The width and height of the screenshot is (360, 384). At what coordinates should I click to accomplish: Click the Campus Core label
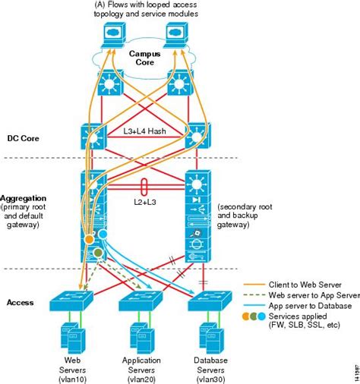pos(144,58)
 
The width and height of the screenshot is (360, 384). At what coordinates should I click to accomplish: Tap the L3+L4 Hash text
pos(144,131)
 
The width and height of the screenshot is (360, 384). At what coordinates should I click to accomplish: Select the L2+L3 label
pos(145,202)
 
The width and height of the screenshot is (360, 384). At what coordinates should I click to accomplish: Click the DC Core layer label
pos(24,138)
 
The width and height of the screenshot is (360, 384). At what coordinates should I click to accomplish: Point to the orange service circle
pos(89,239)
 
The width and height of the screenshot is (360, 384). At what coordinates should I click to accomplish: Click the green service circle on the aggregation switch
pos(98,253)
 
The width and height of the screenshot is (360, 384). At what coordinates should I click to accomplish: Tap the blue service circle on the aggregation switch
pos(103,234)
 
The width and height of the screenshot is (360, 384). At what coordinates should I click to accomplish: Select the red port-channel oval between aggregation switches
pos(144,187)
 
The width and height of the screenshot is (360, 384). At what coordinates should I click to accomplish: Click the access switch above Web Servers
pos(71,301)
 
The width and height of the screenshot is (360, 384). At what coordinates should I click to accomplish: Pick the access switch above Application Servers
pos(141,301)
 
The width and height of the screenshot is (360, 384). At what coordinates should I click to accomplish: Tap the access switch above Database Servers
pos(210,301)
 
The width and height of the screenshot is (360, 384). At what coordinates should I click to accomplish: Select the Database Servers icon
pos(210,338)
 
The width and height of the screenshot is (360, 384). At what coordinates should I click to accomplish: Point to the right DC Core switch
pos(197,136)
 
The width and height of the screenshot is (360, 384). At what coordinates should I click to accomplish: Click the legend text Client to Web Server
pos(305,285)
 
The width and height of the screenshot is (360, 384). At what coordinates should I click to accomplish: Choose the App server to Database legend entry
pos(310,306)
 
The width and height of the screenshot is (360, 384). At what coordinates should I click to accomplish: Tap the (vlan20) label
pos(141,379)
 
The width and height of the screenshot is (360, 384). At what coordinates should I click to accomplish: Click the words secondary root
pos(245,206)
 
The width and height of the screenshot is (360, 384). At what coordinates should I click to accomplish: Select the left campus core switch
pos(110,83)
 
